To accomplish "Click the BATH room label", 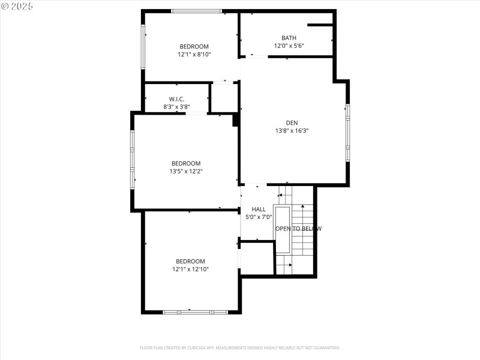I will click(x=289, y=38).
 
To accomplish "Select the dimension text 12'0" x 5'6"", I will click(x=289, y=46).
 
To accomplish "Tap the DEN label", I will click(x=292, y=122).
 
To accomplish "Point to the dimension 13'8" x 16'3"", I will click(x=292, y=130).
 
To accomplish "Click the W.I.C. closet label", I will click(x=176, y=99).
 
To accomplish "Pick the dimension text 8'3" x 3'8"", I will click(x=176, y=107).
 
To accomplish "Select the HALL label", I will click(x=259, y=209).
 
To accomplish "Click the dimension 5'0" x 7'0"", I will click(x=259, y=217).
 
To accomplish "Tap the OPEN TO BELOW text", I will click(x=298, y=229).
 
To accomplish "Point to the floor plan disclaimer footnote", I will click(x=240, y=347).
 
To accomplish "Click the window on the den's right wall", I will click(x=347, y=133).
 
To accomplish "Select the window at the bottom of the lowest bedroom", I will click(x=195, y=312).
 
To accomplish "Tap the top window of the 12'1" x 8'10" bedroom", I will click(x=196, y=11).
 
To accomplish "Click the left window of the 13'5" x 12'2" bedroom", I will click(x=133, y=160).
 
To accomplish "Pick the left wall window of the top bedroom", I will click(x=143, y=47).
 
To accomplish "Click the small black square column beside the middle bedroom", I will click(x=236, y=120).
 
